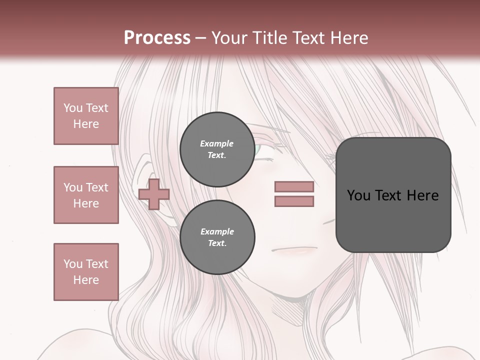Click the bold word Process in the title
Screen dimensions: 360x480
coord(157,37)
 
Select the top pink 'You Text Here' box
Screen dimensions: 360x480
coord(86,116)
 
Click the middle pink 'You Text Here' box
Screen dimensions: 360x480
coord(86,195)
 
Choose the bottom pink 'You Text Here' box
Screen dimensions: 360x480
coord(86,272)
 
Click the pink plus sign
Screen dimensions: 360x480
coord(153,194)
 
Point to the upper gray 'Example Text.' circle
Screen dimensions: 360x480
coord(217,149)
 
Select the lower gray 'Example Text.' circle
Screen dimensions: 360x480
coord(217,237)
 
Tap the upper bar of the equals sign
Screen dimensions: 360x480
coord(294,186)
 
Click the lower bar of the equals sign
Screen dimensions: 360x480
coord(294,201)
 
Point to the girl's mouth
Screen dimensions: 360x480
coord(295,249)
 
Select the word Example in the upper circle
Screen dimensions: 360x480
coord(217,143)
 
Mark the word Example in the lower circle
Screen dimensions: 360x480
coord(217,231)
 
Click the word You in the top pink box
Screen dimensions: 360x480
coord(73,108)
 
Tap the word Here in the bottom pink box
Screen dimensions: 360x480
coord(86,280)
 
